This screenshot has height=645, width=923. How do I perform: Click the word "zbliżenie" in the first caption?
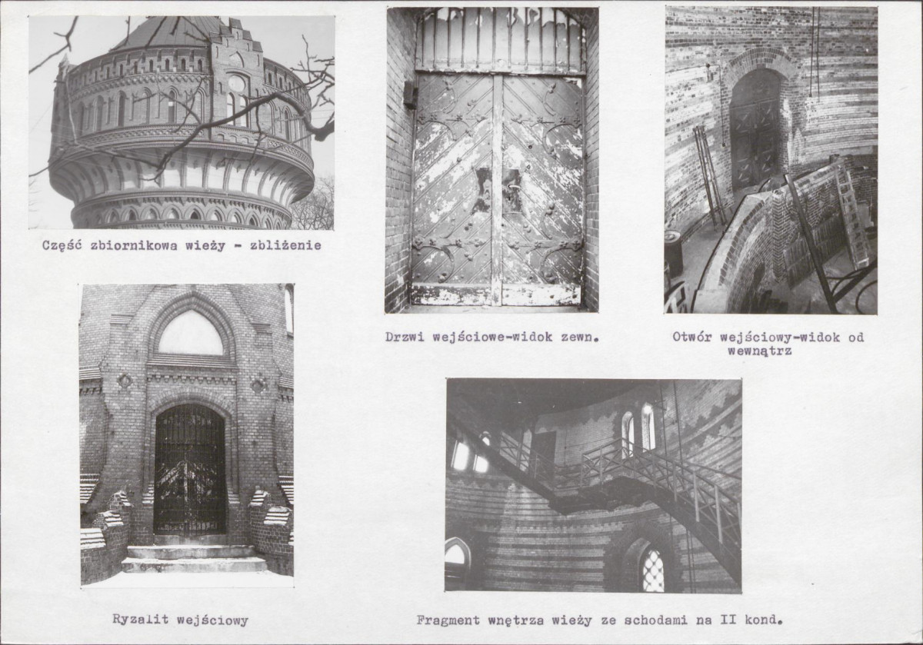(x=285, y=245)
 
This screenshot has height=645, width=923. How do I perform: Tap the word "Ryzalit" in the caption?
(x=140, y=619)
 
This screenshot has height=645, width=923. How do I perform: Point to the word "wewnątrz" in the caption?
(x=759, y=351)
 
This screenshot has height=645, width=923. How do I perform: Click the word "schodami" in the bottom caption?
(x=655, y=620)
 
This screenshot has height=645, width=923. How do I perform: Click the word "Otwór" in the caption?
(x=691, y=337)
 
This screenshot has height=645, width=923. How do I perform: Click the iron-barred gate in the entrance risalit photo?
(x=189, y=469)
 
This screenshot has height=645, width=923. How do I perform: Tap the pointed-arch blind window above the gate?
(x=191, y=334)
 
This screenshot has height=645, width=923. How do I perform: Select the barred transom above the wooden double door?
(x=500, y=40)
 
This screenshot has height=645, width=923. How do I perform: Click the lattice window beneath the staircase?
(x=653, y=570)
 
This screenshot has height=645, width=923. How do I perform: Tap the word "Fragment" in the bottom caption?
(x=448, y=620)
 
